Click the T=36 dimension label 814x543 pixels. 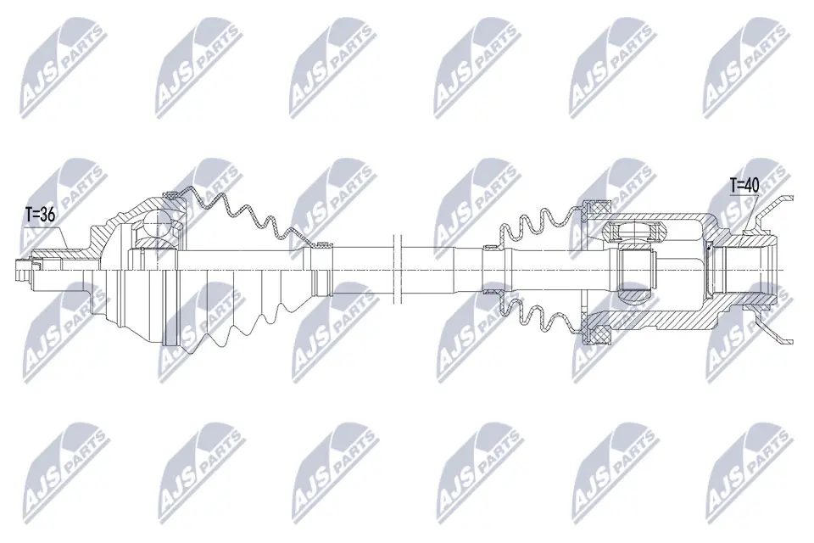click(x=39, y=216)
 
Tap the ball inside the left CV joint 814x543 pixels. click(x=157, y=227)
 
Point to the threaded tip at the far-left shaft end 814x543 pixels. click(x=19, y=270)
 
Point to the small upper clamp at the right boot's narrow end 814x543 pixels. click(x=489, y=248)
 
